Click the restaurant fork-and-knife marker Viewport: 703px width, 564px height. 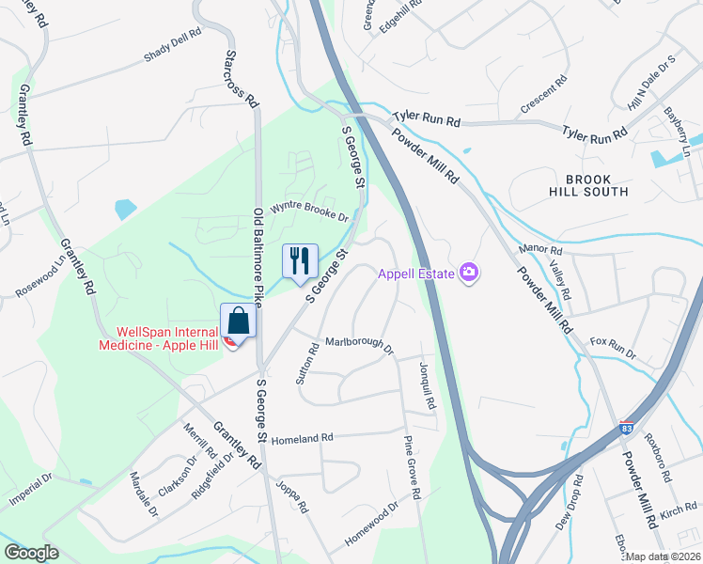[x=301, y=260]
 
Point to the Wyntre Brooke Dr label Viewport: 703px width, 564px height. [x=310, y=211]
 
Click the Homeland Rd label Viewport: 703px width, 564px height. [x=303, y=438]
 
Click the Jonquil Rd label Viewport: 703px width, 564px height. [x=430, y=385]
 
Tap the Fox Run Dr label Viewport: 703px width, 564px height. [x=613, y=349]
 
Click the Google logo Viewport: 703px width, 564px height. [x=32, y=552]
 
